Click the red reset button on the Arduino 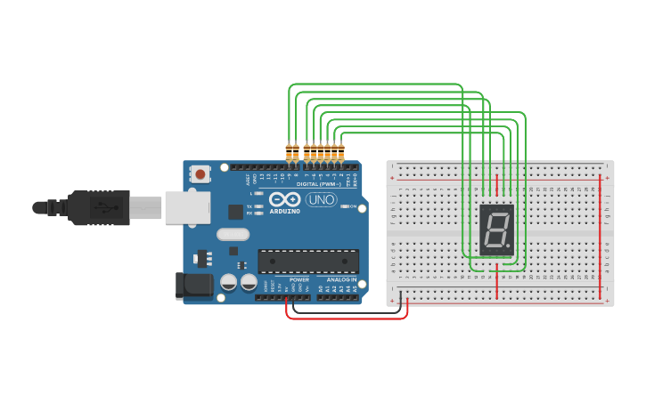click(201, 174)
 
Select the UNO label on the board click(320, 199)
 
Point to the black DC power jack click(194, 284)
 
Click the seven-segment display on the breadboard click(496, 230)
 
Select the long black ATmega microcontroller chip click(308, 261)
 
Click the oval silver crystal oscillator click(233, 236)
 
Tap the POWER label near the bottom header click(299, 279)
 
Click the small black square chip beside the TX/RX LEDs click(235, 211)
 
